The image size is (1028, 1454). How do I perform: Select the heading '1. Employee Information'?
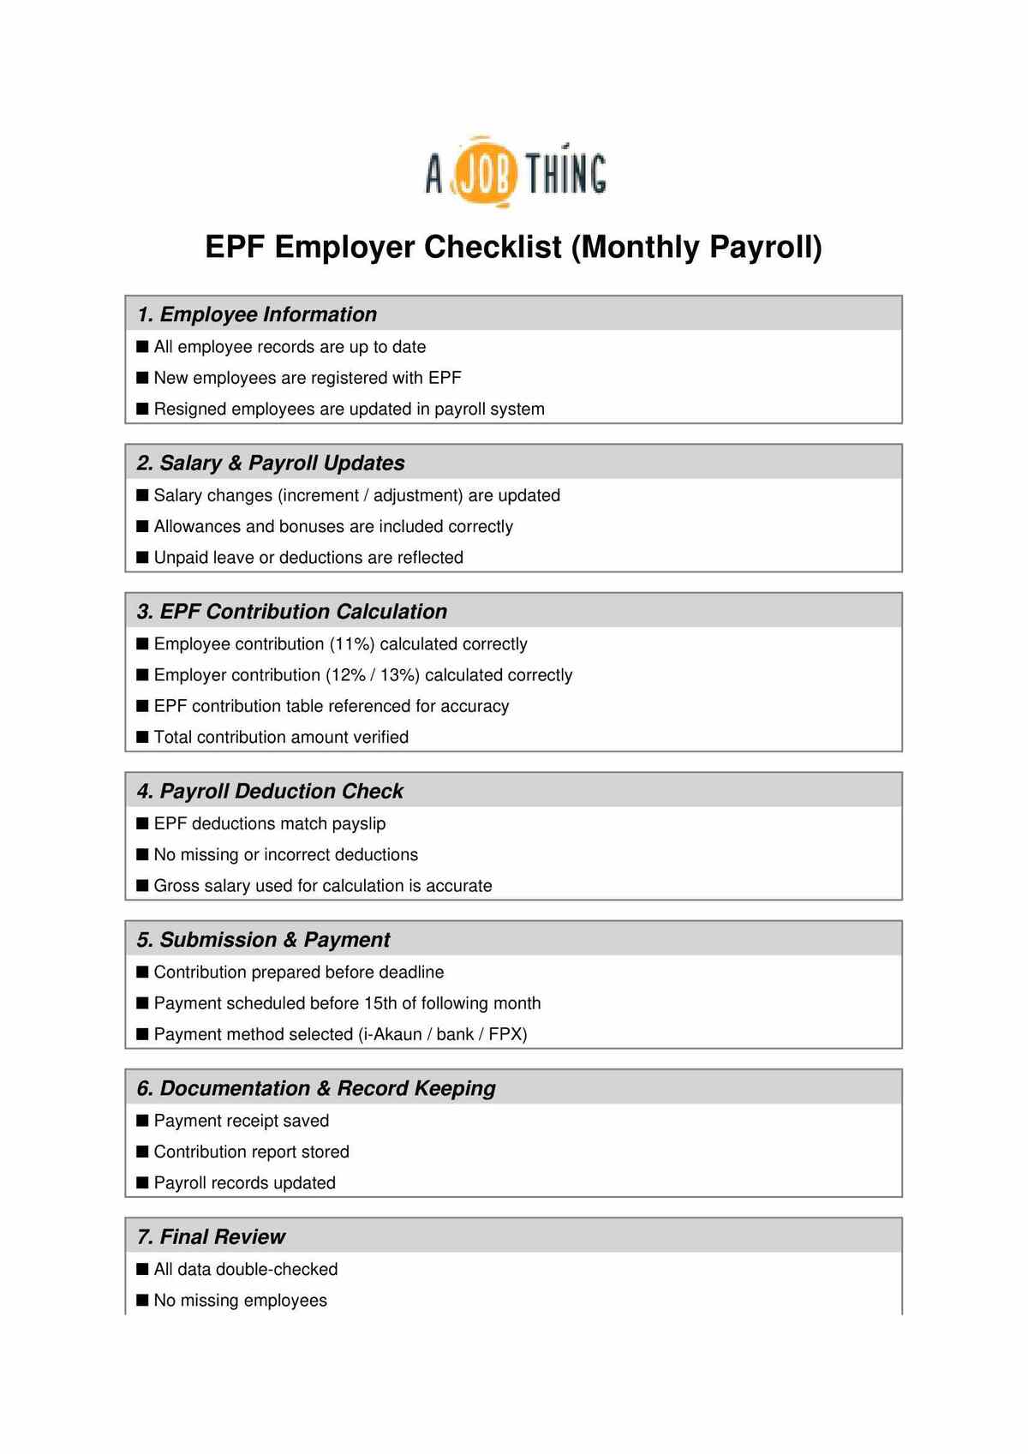257,314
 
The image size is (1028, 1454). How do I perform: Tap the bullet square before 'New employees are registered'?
143,378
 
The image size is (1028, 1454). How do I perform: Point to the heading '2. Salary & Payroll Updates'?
271,463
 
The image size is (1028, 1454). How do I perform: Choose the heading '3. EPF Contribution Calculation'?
292,611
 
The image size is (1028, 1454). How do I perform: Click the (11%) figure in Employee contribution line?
352,643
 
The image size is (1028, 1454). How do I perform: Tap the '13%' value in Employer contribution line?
399,675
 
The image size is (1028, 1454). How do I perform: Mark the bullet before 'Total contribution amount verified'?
143,737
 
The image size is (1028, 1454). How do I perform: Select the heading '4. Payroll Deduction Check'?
270,791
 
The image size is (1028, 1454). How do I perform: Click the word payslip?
359,823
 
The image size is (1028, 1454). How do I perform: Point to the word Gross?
176,885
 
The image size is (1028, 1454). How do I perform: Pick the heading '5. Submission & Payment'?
263,940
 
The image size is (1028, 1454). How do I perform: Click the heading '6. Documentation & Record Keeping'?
316,1088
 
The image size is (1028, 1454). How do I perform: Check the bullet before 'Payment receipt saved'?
143,1121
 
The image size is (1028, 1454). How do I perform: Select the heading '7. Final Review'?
211,1236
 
